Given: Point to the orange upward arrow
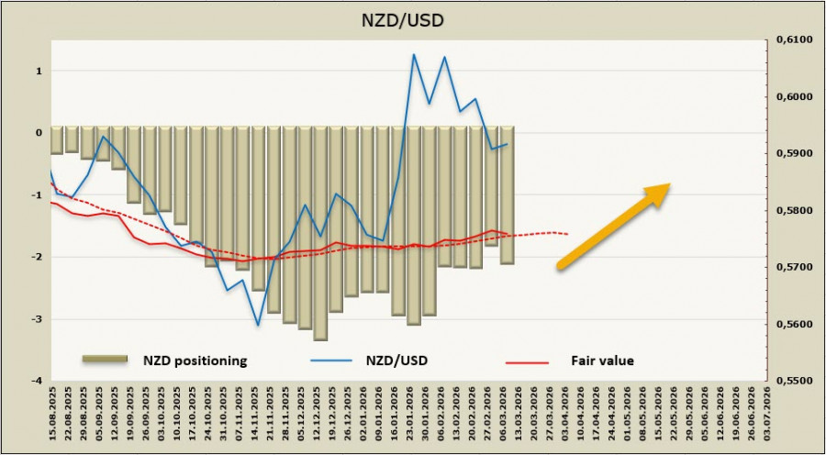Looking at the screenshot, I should [613, 226].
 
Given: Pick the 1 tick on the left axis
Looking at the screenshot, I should [38, 71].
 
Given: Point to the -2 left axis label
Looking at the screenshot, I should [36, 257].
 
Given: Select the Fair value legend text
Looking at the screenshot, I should [602, 361].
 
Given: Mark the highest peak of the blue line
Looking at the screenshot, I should [413, 54].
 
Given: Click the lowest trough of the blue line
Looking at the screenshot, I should [258, 325].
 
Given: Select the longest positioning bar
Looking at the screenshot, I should [320, 233].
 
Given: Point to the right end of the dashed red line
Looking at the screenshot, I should [568, 233].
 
